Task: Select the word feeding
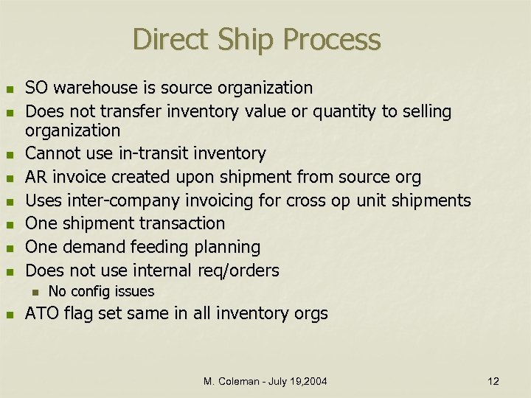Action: pos(156,245)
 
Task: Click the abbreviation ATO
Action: pos(42,314)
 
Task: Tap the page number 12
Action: pos(493,381)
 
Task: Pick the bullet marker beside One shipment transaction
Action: pos(10,224)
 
